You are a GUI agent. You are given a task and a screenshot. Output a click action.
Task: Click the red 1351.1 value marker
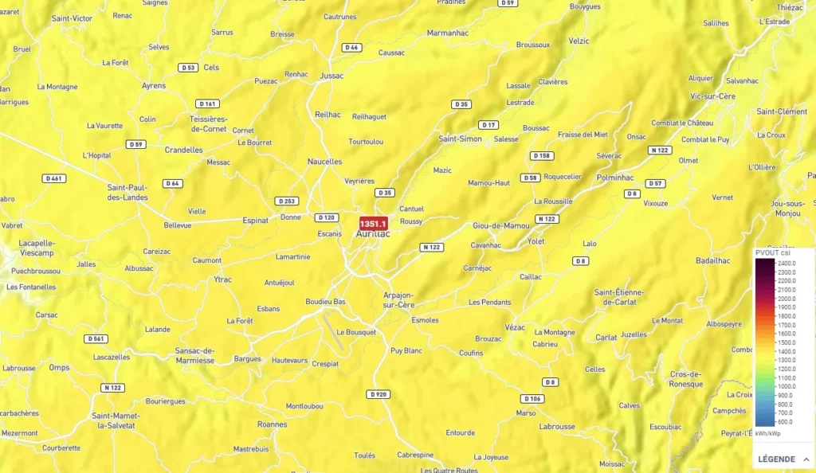(x=373, y=224)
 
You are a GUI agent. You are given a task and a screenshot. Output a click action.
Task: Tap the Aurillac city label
(x=372, y=234)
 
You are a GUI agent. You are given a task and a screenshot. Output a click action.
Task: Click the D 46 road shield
(x=351, y=48)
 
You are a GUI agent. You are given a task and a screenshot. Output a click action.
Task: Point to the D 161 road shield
(x=207, y=104)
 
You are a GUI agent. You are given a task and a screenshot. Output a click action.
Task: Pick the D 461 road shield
(x=54, y=178)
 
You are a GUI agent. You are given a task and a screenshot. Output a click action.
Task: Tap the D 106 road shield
(x=532, y=398)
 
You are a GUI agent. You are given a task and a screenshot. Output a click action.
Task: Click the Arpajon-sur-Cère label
(x=398, y=300)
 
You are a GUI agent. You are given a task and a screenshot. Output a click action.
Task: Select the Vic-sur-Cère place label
(x=713, y=96)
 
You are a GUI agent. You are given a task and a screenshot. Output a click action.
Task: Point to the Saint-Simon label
(x=460, y=139)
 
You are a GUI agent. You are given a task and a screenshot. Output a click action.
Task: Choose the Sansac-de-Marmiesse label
(x=194, y=355)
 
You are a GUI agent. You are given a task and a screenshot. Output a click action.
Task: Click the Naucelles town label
(x=324, y=162)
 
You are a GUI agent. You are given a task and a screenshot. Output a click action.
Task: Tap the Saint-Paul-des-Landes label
(x=127, y=193)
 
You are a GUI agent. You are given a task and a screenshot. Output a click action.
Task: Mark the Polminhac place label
(x=615, y=177)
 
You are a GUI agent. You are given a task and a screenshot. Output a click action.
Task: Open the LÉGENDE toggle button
(x=783, y=459)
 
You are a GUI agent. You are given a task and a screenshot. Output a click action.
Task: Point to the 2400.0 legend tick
(x=787, y=263)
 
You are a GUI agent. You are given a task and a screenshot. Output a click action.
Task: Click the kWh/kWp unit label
(x=768, y=433)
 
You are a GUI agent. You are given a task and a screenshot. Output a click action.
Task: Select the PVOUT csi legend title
(x=774, y=252)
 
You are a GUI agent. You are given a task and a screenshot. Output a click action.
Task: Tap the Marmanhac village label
(x=448, y=33)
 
